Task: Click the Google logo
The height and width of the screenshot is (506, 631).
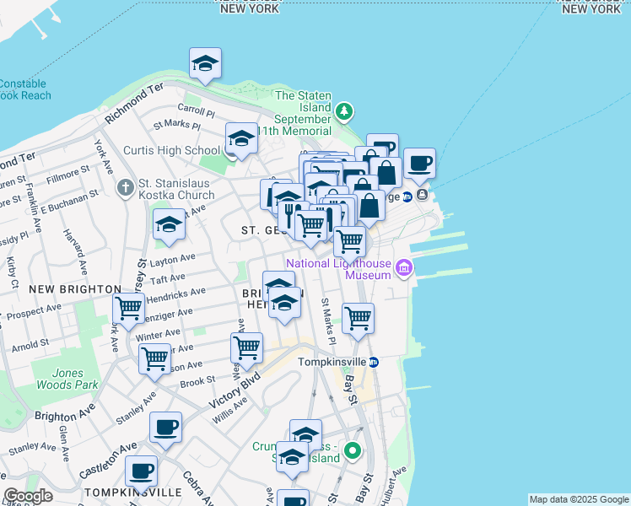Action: [29, 496]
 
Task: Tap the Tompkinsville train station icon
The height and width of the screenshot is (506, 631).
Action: [374, 362]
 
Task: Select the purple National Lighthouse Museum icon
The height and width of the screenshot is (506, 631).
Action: [404, 269]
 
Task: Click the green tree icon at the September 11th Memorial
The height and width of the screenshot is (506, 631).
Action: [343, 111]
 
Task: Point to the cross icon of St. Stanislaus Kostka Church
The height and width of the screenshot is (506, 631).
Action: [126, 186]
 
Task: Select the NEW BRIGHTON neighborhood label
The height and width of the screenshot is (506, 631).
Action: [74, 288]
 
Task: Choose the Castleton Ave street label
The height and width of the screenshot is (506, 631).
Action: [108, 458]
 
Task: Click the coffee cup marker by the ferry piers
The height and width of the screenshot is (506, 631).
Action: [418, 164]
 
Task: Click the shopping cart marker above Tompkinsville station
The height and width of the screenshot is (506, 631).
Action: [358, 319]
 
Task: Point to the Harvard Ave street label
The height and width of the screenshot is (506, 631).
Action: [77, 255]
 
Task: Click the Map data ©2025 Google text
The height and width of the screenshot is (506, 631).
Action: [579, 499]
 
